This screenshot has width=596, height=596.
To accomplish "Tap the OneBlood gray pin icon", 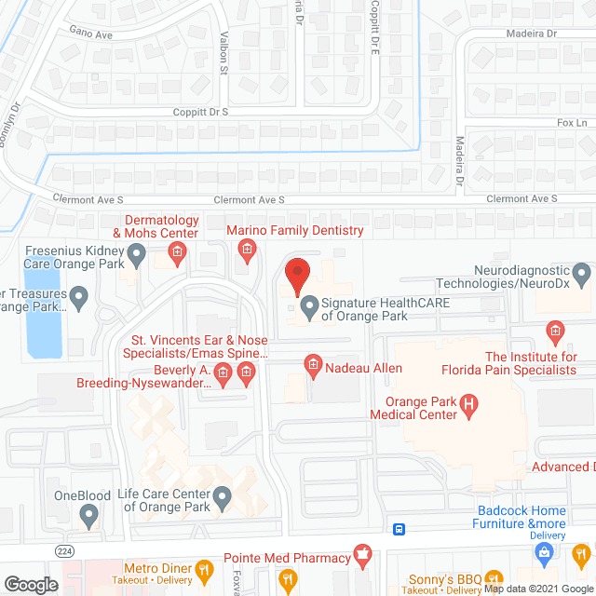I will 89,513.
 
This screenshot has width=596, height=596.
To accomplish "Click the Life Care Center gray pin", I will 222,500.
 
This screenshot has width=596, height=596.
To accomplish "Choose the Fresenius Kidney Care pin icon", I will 137,253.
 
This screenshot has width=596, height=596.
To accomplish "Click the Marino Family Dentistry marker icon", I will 247,249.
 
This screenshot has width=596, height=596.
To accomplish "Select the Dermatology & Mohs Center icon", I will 176,251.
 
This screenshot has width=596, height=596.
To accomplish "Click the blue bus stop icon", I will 399,530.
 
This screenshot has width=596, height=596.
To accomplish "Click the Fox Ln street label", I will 569,123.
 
